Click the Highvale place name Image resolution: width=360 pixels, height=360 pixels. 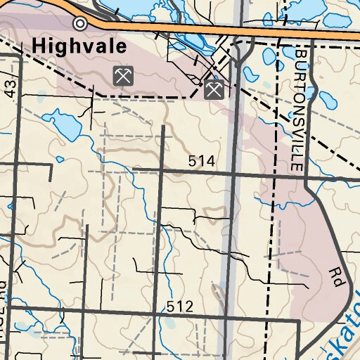coord(79,48)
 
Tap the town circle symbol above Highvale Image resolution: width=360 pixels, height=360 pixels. coord(80,24)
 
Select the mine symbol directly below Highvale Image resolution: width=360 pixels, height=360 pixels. coord(123,75)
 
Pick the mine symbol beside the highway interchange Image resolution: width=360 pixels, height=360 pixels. coord(214,89)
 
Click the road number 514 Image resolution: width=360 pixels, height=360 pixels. coord(201,162)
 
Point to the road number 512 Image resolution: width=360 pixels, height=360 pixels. coord(180,307)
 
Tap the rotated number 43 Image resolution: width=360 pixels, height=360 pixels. coord(9,88)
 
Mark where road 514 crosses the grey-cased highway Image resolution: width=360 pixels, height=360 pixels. coord(233,171)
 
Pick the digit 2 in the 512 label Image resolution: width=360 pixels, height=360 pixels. coord(188,307)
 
